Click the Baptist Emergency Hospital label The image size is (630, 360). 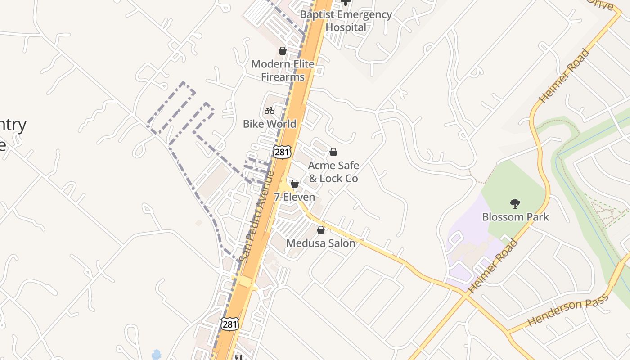tap(346, 21)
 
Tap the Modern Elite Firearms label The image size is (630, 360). tap(283, 70)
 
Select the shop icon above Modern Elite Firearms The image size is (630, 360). tap(283, 51)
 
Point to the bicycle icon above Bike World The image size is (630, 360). tap(270, 110)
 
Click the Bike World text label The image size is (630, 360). tap(270, 124)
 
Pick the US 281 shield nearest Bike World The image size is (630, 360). tap(282, 152)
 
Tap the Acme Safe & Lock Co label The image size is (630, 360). tap(333, 172)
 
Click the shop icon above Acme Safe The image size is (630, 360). tap(333, 152)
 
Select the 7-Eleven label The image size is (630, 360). tap(295, 197)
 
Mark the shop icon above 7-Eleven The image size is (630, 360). tap(295, 184)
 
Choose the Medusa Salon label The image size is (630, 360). tap(321, 243)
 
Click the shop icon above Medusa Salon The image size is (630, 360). tap(321, 230)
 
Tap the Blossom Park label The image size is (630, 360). tap(515, 217)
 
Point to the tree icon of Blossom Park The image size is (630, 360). tap(515, 204)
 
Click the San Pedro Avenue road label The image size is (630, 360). tap(257, 216)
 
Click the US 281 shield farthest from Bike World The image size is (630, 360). tap(229, 324)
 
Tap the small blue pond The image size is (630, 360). tap(156, 355)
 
